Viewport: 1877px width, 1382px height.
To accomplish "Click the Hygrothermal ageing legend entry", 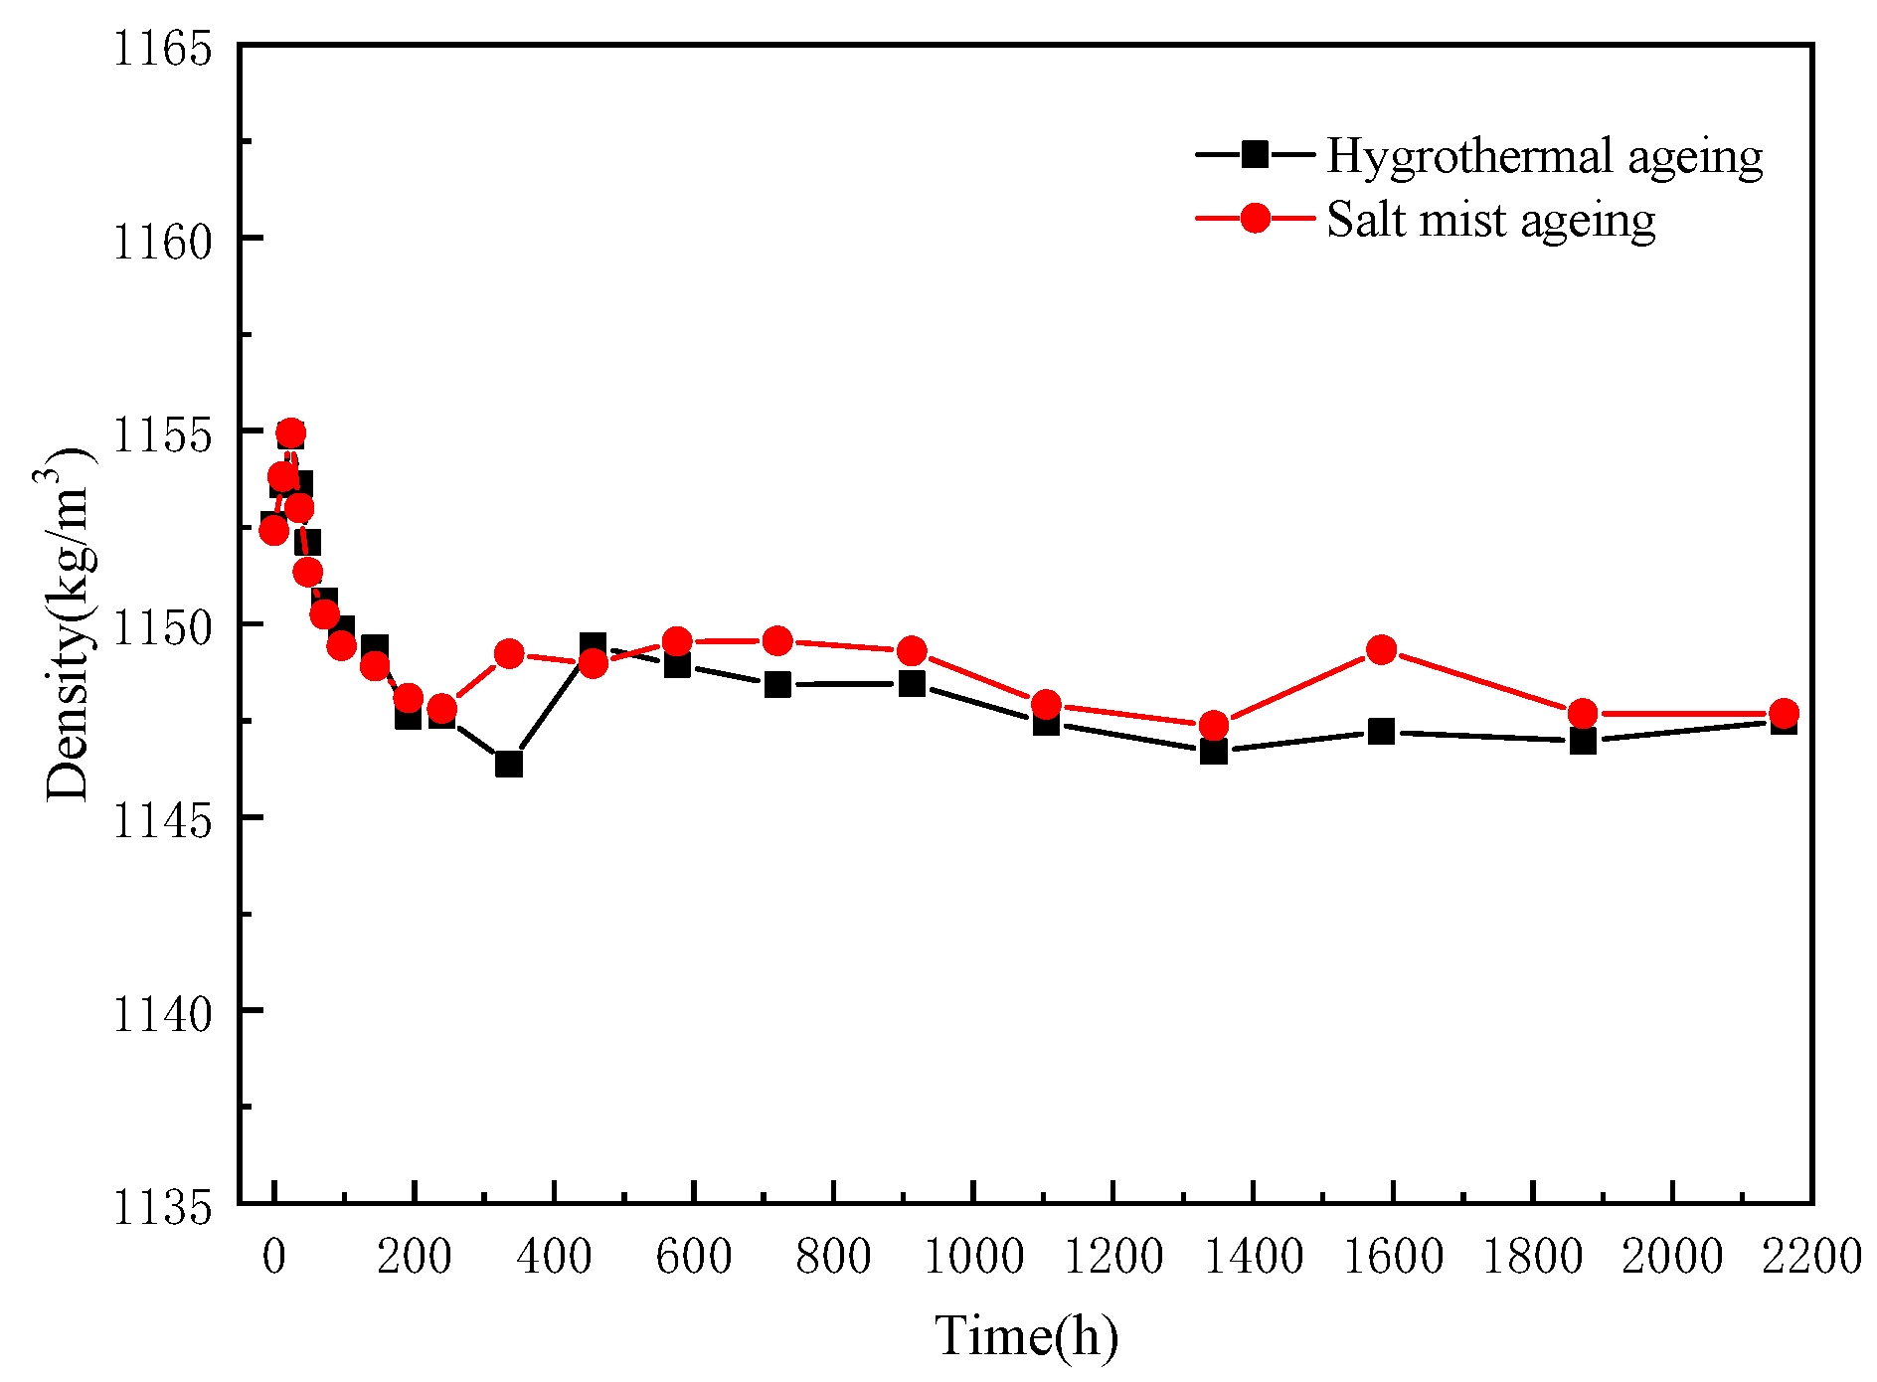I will pos(1479,156).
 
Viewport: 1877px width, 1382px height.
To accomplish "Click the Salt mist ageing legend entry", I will pos(1426,219).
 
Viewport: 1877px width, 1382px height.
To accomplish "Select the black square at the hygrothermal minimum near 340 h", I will pos(508,764).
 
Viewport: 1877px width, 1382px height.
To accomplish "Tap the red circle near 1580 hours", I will pos(1381,650).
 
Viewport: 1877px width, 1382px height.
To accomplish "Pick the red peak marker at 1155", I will pos(290,433).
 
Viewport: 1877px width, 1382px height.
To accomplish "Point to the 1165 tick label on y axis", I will pos(162,48).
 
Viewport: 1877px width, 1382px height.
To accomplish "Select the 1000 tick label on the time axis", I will pos(972,1257).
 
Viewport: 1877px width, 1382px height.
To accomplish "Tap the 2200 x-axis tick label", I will pos(1809,1257).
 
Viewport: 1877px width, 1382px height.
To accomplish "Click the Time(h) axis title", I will pos(1026,1335).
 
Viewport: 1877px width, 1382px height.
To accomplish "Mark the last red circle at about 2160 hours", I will pos(1784,713).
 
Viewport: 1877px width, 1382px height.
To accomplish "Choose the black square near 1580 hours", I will pos(1381,732).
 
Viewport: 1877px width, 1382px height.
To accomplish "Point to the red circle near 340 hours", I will pos(508,654).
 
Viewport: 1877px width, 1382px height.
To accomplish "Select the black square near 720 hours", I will pos(777,684).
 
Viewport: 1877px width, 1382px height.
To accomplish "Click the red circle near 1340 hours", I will pos(1213,725).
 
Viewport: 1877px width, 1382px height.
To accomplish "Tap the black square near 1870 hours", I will pos(1583,741).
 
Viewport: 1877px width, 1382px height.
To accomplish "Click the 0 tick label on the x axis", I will pos(274,1257).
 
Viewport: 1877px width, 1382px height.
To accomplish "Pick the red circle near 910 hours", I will pos(912,651).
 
